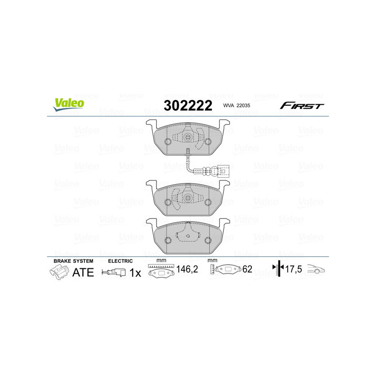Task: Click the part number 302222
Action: [x=187, y=105]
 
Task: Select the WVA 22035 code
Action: [x=237, y=106]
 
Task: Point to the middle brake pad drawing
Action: [x=188, y=198]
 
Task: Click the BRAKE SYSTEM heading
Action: [x=73, y=261]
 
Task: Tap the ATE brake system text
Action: [x=83, y=272]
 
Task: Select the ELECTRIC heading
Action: [x=120, y=261]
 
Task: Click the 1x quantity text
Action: [x=135, y=273]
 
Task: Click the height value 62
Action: [x=247, y=270]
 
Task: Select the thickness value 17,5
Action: [x=293, y=270]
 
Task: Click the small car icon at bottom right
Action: [x=316, y=270]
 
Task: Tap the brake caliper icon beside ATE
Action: [x=58, y=272]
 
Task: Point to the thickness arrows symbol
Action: [x=279, y=269]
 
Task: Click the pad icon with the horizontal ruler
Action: [x=161, y=271]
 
